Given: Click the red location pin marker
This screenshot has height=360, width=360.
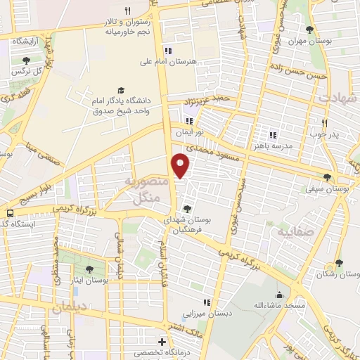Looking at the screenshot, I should tap(181, 165).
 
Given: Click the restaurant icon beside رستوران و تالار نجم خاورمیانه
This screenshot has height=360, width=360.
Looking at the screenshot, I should tap(127, 11).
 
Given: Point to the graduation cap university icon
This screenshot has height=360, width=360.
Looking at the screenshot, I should tap(121, 91).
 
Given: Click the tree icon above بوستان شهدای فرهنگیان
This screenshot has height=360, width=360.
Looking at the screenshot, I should tap(186, 207).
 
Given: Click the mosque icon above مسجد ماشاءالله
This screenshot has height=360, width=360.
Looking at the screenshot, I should tap(279, 295).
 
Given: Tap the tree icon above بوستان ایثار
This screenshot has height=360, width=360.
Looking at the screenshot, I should tap(89, 268).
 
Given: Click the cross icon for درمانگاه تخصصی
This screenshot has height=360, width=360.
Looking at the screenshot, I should tap(162, 342).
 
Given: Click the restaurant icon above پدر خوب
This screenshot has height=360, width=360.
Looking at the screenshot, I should tap(325, 122).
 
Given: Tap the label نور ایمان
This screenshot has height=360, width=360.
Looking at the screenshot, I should tap(189, 131).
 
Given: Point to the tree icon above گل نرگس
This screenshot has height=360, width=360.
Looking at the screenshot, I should tap(26, 60).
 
